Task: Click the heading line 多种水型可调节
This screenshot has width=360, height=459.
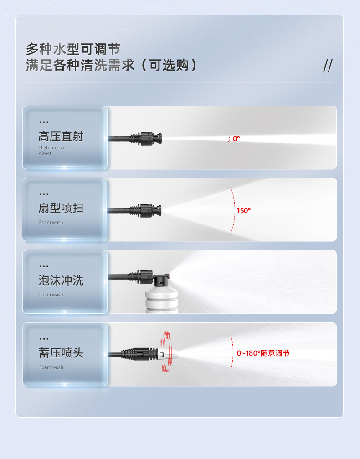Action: (73, 49)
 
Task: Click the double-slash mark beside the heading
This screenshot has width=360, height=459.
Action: (328, 66)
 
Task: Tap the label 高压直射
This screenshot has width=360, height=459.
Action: (61, 136)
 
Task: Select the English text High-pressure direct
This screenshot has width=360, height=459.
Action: (53, 150)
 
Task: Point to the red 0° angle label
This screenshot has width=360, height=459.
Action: (236, 138)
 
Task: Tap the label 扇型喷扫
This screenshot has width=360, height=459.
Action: (61, 209)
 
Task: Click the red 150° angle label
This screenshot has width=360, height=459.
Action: (243, 211)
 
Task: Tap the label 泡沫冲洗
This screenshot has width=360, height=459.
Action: (61, 280)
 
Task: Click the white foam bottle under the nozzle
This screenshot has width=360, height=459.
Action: (161, 298)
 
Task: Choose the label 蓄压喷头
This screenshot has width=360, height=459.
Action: (61, 353)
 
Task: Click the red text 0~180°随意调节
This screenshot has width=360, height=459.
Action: (263, 353)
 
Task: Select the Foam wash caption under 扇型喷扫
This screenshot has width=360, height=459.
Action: (51, 223)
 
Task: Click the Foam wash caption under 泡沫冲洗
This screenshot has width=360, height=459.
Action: (51, 295)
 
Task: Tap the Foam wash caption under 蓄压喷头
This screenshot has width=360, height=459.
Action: (51, 367)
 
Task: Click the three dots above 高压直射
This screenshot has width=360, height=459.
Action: (44, 122)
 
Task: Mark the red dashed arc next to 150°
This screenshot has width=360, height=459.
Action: (233, 211)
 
